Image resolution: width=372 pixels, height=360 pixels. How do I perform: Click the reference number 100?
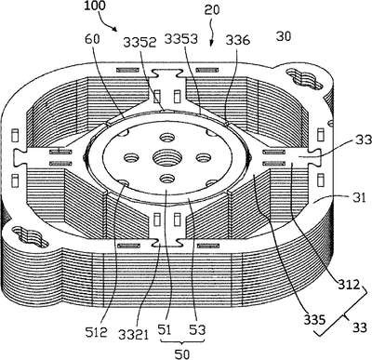pyautogui.click(x=95, y=6)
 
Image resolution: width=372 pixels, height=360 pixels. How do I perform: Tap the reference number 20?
pyautogui.click(x=212, y=9)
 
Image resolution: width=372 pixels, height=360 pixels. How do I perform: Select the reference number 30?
pyautogui.click(x=284, y=36)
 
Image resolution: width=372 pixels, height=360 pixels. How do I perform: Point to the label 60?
pyautogui.click(x=92, y=39)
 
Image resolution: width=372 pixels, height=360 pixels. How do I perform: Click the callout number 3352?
pyautogui.click(x=139, y=43)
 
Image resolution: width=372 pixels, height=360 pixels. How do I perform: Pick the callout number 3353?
pyautogui.click(x=181, y=39)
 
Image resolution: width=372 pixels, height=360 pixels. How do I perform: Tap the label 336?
pyautogui.click(x=237, y=40)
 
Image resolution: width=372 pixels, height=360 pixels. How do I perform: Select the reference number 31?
pyautogui.click(x=360, y=197)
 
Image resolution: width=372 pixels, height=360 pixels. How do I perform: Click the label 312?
pyautogui.click(x=349, y=285)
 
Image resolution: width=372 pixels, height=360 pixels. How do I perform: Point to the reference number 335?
pyautogui.click(x=314, y=320)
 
